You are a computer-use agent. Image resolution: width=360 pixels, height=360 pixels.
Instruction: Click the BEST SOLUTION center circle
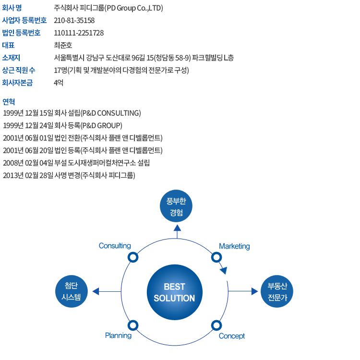click(x=175, y=292)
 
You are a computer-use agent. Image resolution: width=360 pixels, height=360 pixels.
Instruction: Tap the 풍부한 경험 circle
click(x=176, y=206)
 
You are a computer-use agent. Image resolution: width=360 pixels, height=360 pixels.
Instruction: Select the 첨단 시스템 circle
click(x=72, y=291)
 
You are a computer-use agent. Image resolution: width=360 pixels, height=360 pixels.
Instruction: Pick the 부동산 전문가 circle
click(x=277, y=291)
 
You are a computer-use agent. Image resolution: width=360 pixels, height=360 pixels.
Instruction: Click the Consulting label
click(x=115, y=246)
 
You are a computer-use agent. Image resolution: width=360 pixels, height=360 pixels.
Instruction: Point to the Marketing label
click(x=234, y=246)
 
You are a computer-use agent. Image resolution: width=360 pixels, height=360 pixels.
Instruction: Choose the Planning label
click(x=118, y=336)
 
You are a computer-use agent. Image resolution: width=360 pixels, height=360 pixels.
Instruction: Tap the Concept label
click(x=232, y=336)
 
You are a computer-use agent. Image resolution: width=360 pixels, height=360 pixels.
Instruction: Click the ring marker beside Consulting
click(x=133, y=257)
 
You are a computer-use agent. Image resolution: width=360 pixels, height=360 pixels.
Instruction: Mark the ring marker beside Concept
click(x=216, y=325)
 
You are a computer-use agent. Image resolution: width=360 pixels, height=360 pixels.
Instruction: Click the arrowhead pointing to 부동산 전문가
click(x=254, y=291)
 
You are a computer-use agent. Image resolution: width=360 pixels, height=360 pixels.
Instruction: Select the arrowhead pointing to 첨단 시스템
click(x=96, y=291)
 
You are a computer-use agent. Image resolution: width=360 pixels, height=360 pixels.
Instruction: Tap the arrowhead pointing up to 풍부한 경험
click(x=177, y=228)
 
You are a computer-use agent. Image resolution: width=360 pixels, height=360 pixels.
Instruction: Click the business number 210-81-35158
click(x=74, y=21)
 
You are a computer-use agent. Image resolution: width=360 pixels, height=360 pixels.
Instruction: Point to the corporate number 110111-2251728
click(x=79, y=33)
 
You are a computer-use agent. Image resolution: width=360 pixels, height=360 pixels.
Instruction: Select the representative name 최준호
click(x=63, y=45)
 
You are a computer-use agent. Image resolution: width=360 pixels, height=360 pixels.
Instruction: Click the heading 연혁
click(x=9, y=101)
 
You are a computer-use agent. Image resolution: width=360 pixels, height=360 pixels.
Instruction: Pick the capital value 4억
click(x=59, y=83)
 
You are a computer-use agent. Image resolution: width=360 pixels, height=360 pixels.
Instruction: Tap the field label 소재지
click(x=11, y=58)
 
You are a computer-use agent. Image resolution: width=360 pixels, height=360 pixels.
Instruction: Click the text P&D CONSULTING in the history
click(x=111, y=113)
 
